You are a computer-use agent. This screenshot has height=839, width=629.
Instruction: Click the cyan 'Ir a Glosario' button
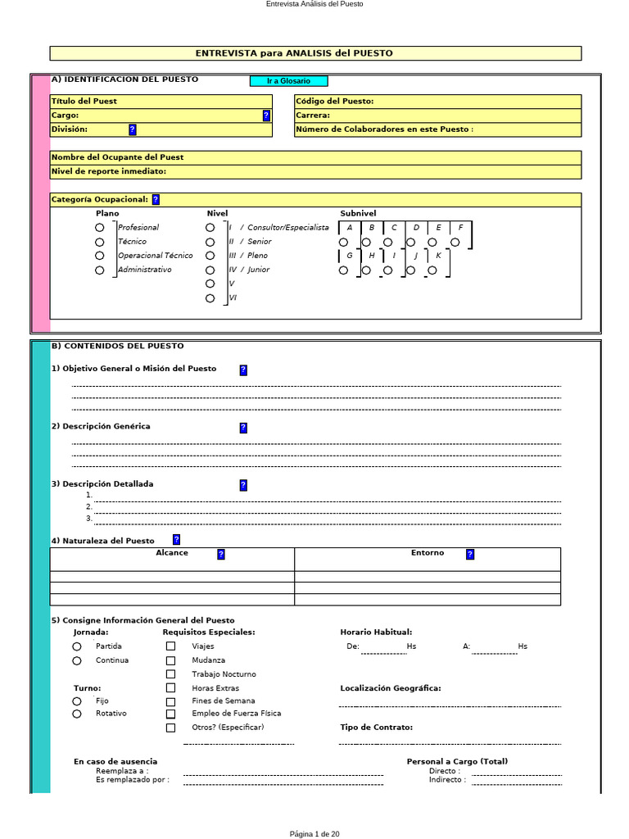point(288,81)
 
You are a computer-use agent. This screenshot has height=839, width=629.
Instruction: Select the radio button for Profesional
point(100,228)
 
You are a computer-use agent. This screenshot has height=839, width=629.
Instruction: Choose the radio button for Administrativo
point(100,270)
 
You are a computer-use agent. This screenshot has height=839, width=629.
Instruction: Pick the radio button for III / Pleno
point(210,256)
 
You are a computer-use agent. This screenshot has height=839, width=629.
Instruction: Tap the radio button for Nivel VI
point(210,298)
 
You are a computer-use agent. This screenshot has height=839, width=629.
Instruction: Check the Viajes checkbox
point(170,646)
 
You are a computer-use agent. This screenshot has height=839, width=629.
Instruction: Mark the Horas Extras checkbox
point(170,688)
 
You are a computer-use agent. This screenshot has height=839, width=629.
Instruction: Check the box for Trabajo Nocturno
point(170,674)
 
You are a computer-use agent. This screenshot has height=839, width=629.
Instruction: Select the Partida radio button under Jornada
point(77,646)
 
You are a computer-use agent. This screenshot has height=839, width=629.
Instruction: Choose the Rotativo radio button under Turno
point(77,714)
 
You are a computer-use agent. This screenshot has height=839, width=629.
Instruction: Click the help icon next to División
point(133,129)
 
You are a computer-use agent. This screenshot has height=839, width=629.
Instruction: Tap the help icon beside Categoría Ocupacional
point(156,199)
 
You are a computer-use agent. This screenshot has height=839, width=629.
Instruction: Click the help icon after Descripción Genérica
point(243,428)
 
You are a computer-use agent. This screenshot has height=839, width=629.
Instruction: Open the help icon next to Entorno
point(469,554)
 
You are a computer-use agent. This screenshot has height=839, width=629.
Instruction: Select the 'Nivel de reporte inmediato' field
point(315,171)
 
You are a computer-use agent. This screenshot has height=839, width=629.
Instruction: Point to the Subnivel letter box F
point(461,228)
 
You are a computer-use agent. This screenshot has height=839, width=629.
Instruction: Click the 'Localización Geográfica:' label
point(390,688)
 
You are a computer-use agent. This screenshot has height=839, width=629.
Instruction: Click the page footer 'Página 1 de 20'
point(314,834)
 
